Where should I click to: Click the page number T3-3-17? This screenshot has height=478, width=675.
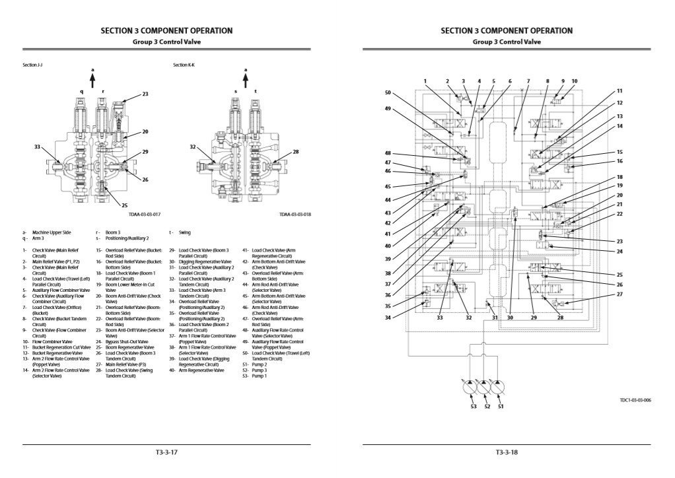[166, 452]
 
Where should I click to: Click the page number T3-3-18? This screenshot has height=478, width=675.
[506, 452]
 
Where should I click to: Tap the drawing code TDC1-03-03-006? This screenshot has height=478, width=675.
[635, 399]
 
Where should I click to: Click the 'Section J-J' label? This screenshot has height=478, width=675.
[32, 65]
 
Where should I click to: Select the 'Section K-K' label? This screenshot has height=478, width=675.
[184, 65]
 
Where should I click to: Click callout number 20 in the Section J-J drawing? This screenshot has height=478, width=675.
[145, 131]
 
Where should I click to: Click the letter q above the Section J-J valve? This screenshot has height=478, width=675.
[82, 92]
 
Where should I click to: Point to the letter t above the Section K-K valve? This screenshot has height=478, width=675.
[255, 92]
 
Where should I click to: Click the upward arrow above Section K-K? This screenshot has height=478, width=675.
[246, 78]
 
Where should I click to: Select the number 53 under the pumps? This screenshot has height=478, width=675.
[473, 407]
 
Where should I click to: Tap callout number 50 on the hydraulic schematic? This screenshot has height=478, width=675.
[388, 92]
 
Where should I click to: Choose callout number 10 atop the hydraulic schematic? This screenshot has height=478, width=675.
[574, 81]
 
